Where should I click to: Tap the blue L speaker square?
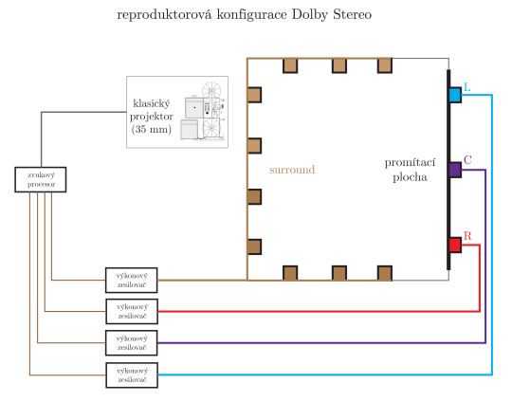[454, 95]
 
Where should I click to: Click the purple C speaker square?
[454, 170]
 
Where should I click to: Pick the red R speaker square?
[454, 246]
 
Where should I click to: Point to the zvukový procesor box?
[41, 179]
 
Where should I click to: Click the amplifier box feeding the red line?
[131, 309]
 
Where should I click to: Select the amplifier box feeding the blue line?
[131, 374]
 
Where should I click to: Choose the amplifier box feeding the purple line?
[131, 341]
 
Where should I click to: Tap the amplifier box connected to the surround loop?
[131, 279]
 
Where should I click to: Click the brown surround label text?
[292, 170]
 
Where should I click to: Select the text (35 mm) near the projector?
[152, 129]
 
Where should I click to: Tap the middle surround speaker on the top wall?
[338, 65]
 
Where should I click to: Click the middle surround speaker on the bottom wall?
[338, 273]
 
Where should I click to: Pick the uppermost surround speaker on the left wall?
[254, 95]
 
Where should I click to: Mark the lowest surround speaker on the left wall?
[254, 246]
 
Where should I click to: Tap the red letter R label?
[466, 235]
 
